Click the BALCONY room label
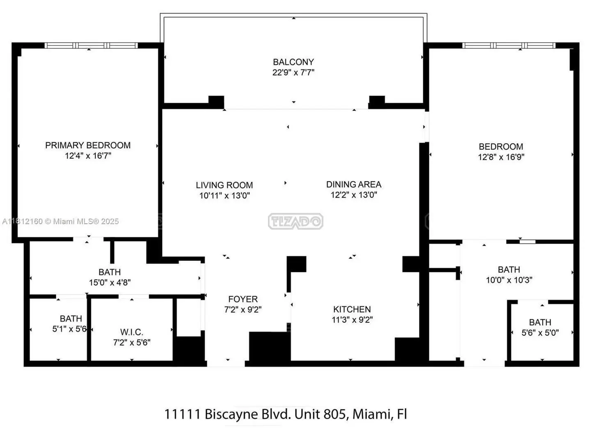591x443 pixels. pyautogui.click(x=293, y=62)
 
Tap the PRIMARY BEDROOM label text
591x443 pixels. pyautogui.click(x=88, y=146)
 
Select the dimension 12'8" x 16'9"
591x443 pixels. pyautogui.click(x=501, y=157)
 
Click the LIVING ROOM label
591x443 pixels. pyautogui.click(x=224, y=185)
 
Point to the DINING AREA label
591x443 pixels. pyautogui.click(x=354, y=185)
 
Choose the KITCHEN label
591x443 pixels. pyautogui.click(x=352, y=309)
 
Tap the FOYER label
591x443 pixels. pyautogui.click(x=243, y=299)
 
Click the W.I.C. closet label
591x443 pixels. pyautogui.click(x=132, y=332)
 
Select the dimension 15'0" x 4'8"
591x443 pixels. pyautogui.click(x=110, y=283)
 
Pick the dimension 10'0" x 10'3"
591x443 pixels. pyautogui.click(x=509, y=280)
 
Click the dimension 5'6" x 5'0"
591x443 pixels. pyautogui.click(x=540, y=333)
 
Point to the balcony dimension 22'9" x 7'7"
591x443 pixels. pyautogui.click(x=293, y=72)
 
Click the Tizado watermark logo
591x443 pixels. pyautogui.click(x=295, y=221)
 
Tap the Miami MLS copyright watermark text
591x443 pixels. pyautogui.click(x=60, y=221)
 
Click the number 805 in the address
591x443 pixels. pyautogui.click(x=334, y=414)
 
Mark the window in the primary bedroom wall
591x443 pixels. pyautogui.click(x=91, y=46)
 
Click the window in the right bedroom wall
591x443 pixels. pyautogui.click(x=509, y=46)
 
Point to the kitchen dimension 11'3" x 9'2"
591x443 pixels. pyautogui.click(x=352, y=320)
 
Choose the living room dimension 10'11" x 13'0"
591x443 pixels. pyautogui.click(x=224, y=196)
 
